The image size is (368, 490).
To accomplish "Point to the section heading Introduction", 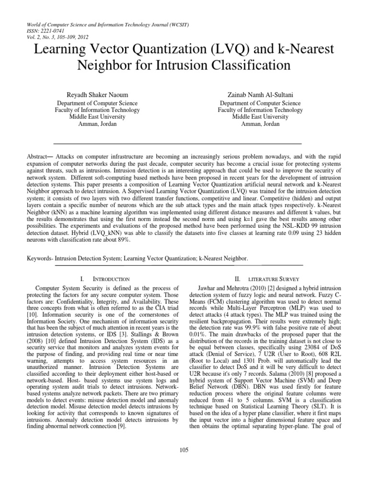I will click(x=111, y=278).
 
